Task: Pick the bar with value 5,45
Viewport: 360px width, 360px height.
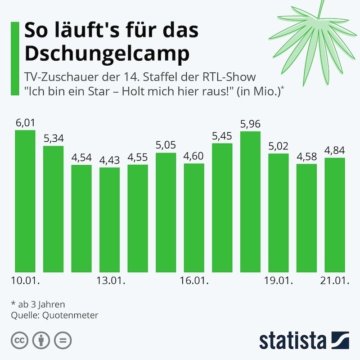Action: (222, 207)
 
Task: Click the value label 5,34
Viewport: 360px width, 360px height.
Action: (54, 138)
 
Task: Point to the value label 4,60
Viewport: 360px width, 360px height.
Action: (194, 156)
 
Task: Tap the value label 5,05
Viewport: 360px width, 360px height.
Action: (166, 145)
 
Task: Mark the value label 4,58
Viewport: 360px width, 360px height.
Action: (306, 157)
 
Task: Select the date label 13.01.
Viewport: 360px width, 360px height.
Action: (110, 282)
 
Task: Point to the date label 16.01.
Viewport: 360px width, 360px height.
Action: (193, 282)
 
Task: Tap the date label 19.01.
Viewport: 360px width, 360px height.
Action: (278, 282)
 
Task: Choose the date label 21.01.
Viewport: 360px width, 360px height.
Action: (334, 282)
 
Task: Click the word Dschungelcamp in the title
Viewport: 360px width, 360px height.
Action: (107, 53)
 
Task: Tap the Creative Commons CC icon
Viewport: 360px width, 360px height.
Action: (18, 340)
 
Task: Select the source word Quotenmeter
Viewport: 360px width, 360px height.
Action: (70, 315)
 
